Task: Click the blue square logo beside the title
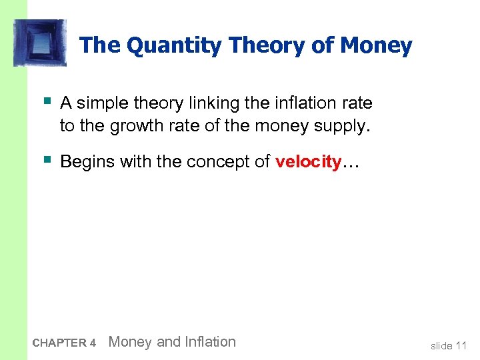tap(40, 43)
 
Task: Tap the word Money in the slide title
tap(376, 46)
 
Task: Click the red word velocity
tap(307, 161)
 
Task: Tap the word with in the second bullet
tap(133, 161)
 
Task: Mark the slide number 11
tap(461, 345)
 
